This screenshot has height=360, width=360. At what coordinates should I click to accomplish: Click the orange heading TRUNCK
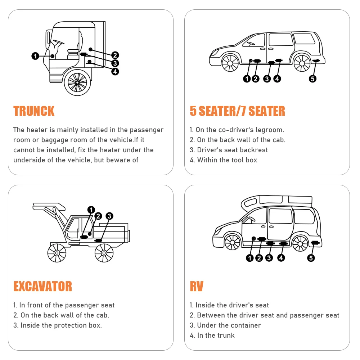pyautogui.click(x=34, y=111)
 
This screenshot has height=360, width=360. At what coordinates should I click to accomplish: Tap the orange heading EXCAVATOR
pyautogui.click(x=42, y=286)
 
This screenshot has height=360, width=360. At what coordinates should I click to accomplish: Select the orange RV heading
pyautogui.click(x=197, y=286)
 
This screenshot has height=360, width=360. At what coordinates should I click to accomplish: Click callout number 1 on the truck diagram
pyautogui.click(x=35, y=56)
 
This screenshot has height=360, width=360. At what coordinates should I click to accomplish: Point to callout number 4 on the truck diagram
pyautogui.click(x=115, y=71)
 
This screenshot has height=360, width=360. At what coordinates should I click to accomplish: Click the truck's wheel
pyautogui.click(x=77, y=82)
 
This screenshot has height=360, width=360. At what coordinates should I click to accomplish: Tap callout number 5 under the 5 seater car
pyautogui.click(x=312, y=78)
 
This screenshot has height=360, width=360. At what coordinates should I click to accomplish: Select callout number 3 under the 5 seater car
pyautogui.click(x=267, y=78)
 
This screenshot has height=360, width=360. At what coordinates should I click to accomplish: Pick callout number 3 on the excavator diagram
pyautogui.click(x=109, y=216)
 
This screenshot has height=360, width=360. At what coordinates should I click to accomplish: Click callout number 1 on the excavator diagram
pyautogui.click(x=91, y=210)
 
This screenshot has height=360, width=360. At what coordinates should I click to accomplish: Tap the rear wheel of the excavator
pyautogui.click(x=104, y=253)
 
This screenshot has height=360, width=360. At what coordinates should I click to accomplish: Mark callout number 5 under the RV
pyautogui.click(x=311, y=258)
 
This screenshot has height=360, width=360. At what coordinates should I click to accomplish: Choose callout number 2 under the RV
pyautogui.click(x=259, y=258)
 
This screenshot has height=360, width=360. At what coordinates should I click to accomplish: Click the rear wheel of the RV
pyautogui.click(x=300, y=243)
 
